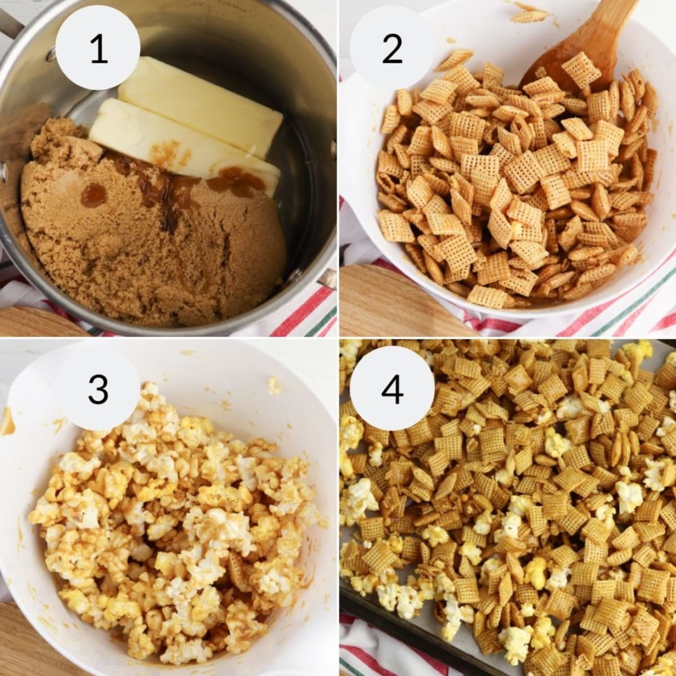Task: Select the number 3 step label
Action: tap(99, 389)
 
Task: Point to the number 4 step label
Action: tap(392, 389)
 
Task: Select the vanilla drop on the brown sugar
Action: tap(94, 194)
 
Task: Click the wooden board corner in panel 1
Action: tap(28, 321)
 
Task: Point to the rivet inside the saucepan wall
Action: tap(51, 54)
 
